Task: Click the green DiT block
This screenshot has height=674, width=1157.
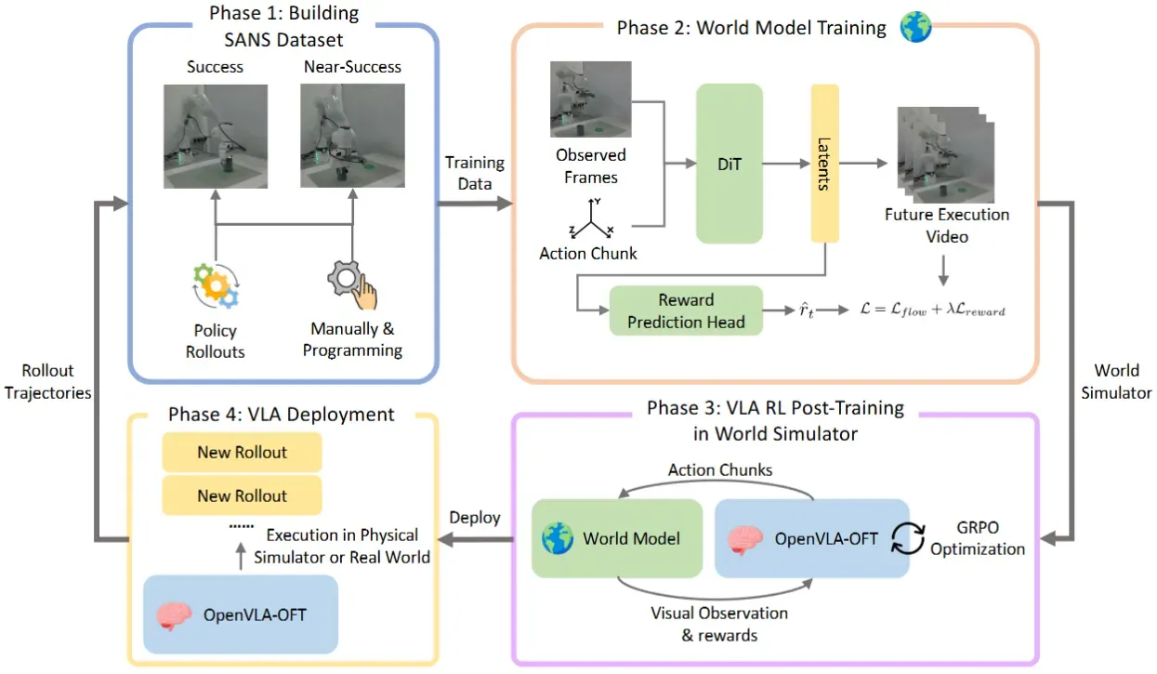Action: pos(730,164)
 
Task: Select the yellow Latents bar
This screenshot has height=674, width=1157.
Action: pos(825,164)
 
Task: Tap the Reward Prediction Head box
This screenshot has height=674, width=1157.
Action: pos(686,311)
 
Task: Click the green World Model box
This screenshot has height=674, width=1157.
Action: pos(617,538)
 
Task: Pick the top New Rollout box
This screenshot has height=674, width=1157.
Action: pos(243,452)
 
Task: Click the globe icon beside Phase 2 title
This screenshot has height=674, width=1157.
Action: pos(915,27)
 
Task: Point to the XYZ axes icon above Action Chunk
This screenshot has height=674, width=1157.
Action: pos(591,218)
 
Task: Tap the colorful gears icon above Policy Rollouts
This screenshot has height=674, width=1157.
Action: pos(216,285)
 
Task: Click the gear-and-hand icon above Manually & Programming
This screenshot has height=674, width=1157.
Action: pos(353,285)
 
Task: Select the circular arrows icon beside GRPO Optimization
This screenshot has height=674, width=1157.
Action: pos(908,538)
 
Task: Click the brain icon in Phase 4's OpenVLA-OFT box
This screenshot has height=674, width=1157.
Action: pos(174,615)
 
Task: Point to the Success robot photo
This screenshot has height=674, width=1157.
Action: pos(216,137)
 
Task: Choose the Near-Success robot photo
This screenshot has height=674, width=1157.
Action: pos(353,136)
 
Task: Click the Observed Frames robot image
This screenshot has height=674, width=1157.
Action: pos(591,99)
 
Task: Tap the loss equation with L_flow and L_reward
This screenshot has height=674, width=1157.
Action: pos(933,311)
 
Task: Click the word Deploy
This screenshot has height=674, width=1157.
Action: pos(475,518)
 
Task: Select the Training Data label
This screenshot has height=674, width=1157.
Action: pos(475,173)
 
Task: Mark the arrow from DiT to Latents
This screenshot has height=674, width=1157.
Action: pos(786,164)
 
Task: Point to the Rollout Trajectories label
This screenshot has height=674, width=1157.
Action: pos(48,381)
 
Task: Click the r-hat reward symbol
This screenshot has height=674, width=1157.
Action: pos(807,311)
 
